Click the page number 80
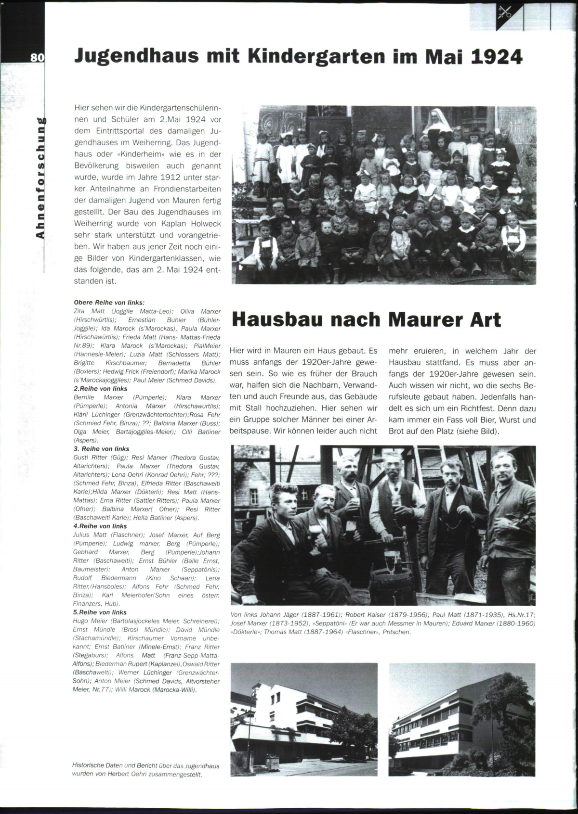(37, 57)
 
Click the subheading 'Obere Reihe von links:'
(109, 303)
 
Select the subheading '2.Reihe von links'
(100, 389)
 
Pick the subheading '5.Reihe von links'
(100, 612)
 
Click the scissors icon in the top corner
(504, 13)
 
